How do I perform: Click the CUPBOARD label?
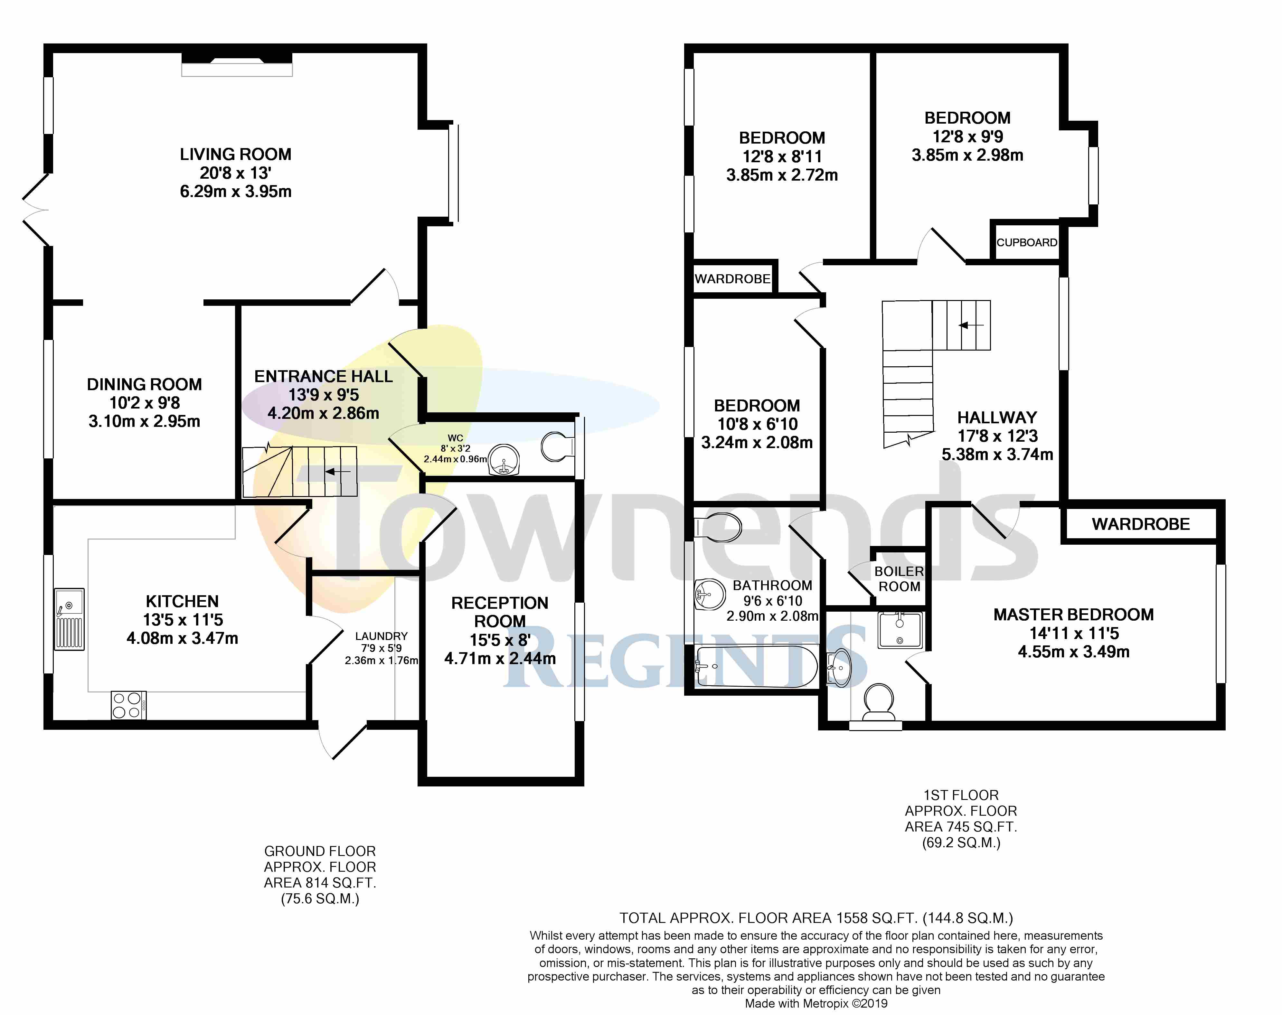pos(1026,242)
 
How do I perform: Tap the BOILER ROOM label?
pos(899,579)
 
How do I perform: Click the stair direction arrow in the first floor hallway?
pos(971,325)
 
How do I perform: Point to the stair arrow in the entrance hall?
pos(338,472)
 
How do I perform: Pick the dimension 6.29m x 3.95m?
pos(236,191)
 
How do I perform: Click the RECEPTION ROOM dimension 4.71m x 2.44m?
pos(500,658)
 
